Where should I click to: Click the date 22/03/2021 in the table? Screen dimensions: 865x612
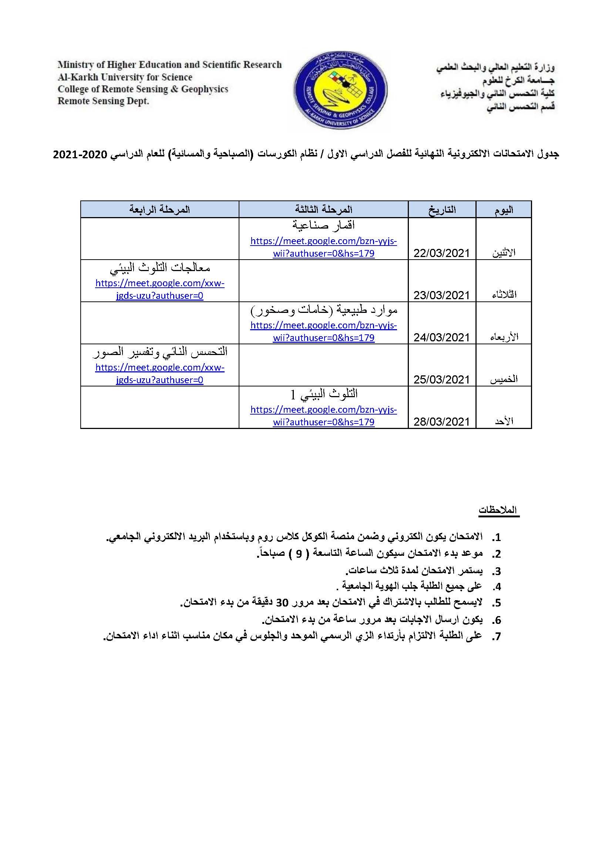(x=441, y=253)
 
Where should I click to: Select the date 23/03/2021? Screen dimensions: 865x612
(x=441, y=295)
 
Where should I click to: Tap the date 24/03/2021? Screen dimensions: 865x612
(x=441, y=338)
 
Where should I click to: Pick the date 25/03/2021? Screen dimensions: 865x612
(x=441, y=380)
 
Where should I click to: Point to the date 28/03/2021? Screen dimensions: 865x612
(x=441, y=422)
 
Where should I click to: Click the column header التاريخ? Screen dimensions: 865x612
(x=442, y=209)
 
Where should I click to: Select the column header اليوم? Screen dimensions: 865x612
(x=504, y=210)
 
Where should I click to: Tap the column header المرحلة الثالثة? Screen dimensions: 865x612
(x=323, y=209)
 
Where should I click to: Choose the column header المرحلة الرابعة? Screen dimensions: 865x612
(x=159, y=209)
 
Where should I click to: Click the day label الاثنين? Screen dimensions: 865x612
(x=504, y=253)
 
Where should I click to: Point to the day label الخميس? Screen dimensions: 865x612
(x=504, y=380)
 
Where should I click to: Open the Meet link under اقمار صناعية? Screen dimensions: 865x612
(x=323, y=247)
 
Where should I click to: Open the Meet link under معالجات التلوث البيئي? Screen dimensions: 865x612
(x=159, y=289)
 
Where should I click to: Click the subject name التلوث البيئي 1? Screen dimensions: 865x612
(x=323, y=394)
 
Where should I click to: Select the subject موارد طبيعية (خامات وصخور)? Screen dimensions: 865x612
(x=323, y=310)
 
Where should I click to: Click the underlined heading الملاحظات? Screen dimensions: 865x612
(x=498, y=510)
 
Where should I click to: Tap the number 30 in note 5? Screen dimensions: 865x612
(x=282, y=603)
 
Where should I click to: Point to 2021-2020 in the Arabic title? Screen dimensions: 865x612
(x=80, y=155)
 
